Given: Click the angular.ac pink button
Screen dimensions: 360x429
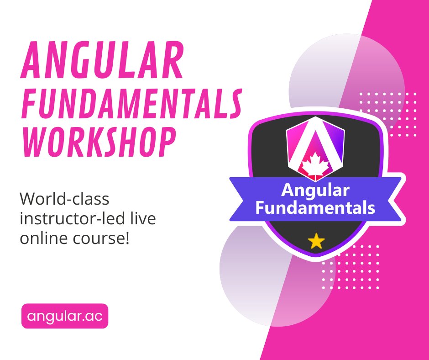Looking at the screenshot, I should click(x=65, y=316).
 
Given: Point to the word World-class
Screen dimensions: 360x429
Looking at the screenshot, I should click(x=65, y=200).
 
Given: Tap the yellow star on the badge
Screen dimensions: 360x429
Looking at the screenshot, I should click(x=316, y=241).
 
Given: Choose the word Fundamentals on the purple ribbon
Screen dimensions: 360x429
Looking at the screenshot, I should click(x=315, y=208).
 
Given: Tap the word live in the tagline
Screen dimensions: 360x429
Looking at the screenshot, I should click(x=143, y=219).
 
